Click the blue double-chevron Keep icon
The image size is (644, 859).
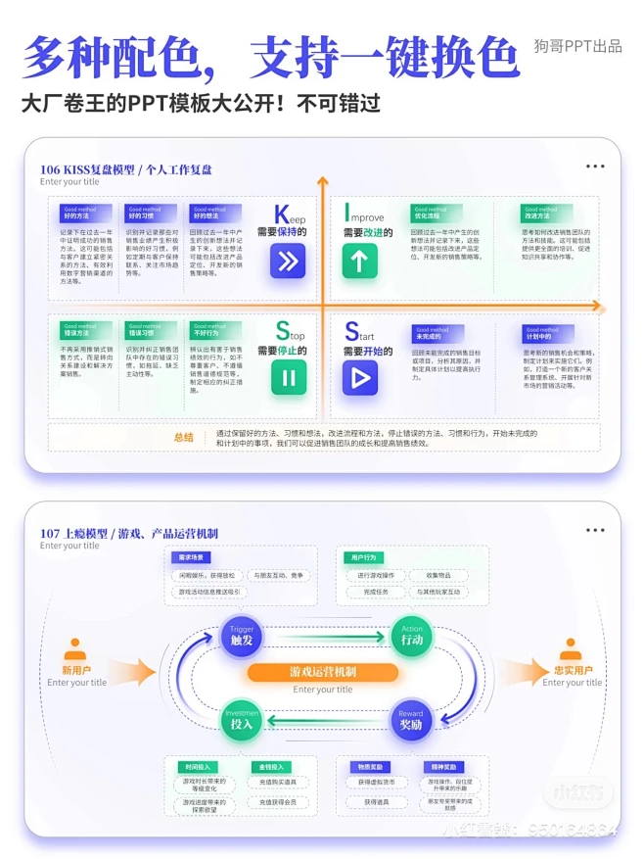(x=288, y=261)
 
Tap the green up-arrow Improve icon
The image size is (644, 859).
(x=359, y=261)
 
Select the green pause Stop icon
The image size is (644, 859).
(x=288, y=378)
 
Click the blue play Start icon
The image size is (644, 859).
(x=360, y=378)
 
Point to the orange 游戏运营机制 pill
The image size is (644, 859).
(x=322, y=672)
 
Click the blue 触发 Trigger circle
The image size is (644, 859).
(x=241, y=637)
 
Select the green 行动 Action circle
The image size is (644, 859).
(x=411, y=637)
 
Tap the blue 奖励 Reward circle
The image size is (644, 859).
(x=411, y=721)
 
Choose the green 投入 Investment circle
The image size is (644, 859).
(x=241, y=721)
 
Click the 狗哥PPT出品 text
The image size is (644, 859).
(x=577, y=46)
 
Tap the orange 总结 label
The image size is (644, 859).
(x=183, y=437)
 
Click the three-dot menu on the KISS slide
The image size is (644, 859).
(x=595, y=167)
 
